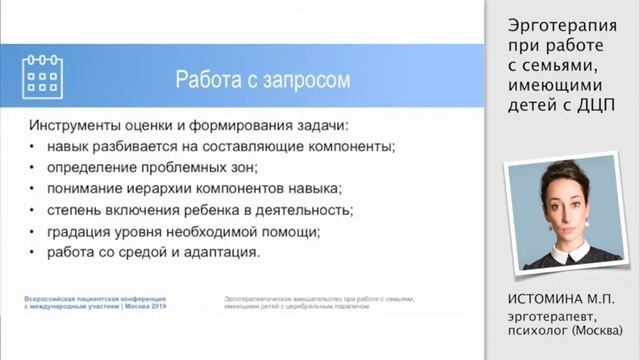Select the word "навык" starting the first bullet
(66, 146)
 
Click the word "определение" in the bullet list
(87, 167)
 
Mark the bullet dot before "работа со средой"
(34, 253)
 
